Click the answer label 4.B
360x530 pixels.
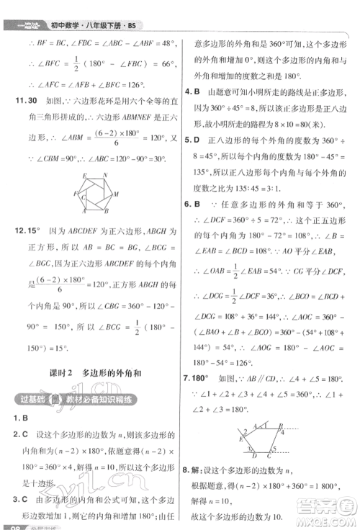point(193,91)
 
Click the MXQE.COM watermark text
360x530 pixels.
point(323,516)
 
